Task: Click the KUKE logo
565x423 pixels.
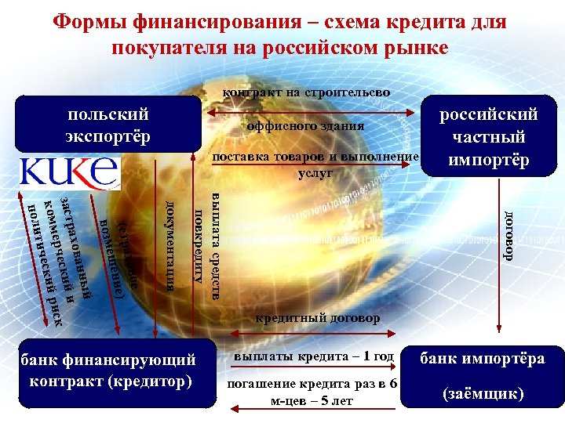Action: click(68, 172)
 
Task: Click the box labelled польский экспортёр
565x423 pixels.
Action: click(108, 125)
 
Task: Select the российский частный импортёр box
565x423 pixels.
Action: click(488, 137)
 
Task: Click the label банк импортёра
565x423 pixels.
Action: click(482, 360)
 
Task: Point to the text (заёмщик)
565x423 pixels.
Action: click(482, 393)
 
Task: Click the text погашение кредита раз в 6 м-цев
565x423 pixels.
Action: click(312, 392)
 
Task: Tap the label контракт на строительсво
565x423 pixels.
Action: click(306, 92)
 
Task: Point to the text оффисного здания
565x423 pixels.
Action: click(305, 126)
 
